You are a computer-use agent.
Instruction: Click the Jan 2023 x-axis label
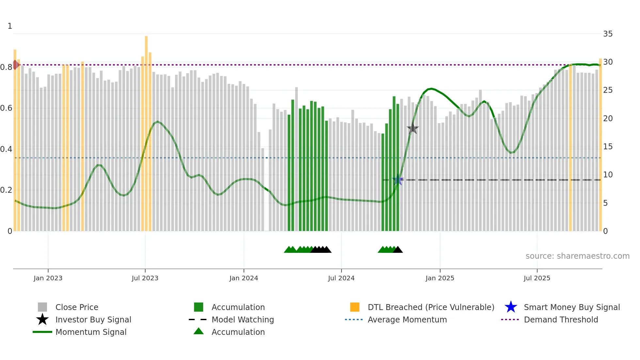point(48,278)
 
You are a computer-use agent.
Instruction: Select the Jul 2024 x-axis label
point(341,278)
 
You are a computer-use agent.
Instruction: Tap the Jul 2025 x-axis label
point(537,278)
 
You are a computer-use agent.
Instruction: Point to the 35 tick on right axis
point(608,34)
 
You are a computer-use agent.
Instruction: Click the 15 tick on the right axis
point(608,147)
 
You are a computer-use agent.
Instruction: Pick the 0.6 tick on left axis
point(6,108)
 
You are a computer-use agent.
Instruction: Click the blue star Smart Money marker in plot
point(398,180)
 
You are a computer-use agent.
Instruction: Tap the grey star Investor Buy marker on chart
point(413,128)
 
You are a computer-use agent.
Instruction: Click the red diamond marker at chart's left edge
point(15,65)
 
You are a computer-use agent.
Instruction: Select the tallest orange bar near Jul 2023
point(146,131)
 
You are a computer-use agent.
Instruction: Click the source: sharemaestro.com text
point(577,256)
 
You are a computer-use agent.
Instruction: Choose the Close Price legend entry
point(77,307)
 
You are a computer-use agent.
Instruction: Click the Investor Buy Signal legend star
point(42,319)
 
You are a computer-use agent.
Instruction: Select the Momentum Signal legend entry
point(91,332)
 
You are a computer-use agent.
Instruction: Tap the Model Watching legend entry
point(242,319)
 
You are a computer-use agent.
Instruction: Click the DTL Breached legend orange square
point(355,307)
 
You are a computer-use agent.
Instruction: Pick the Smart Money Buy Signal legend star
point(511,307)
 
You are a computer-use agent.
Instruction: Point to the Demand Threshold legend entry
point(561,319)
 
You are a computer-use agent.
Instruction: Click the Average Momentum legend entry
point(407,319)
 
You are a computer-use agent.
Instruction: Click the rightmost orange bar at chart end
point(600,144)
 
